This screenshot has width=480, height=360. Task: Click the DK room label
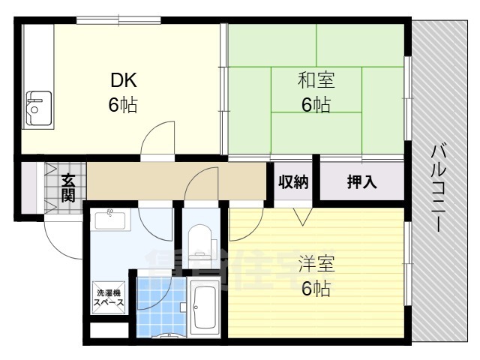(x=124, y=80)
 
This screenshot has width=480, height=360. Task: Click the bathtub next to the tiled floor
(x=204, y=308)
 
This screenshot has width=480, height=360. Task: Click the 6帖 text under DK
(x=123, y=105)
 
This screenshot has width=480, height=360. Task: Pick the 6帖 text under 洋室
(x=316, y=288)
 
